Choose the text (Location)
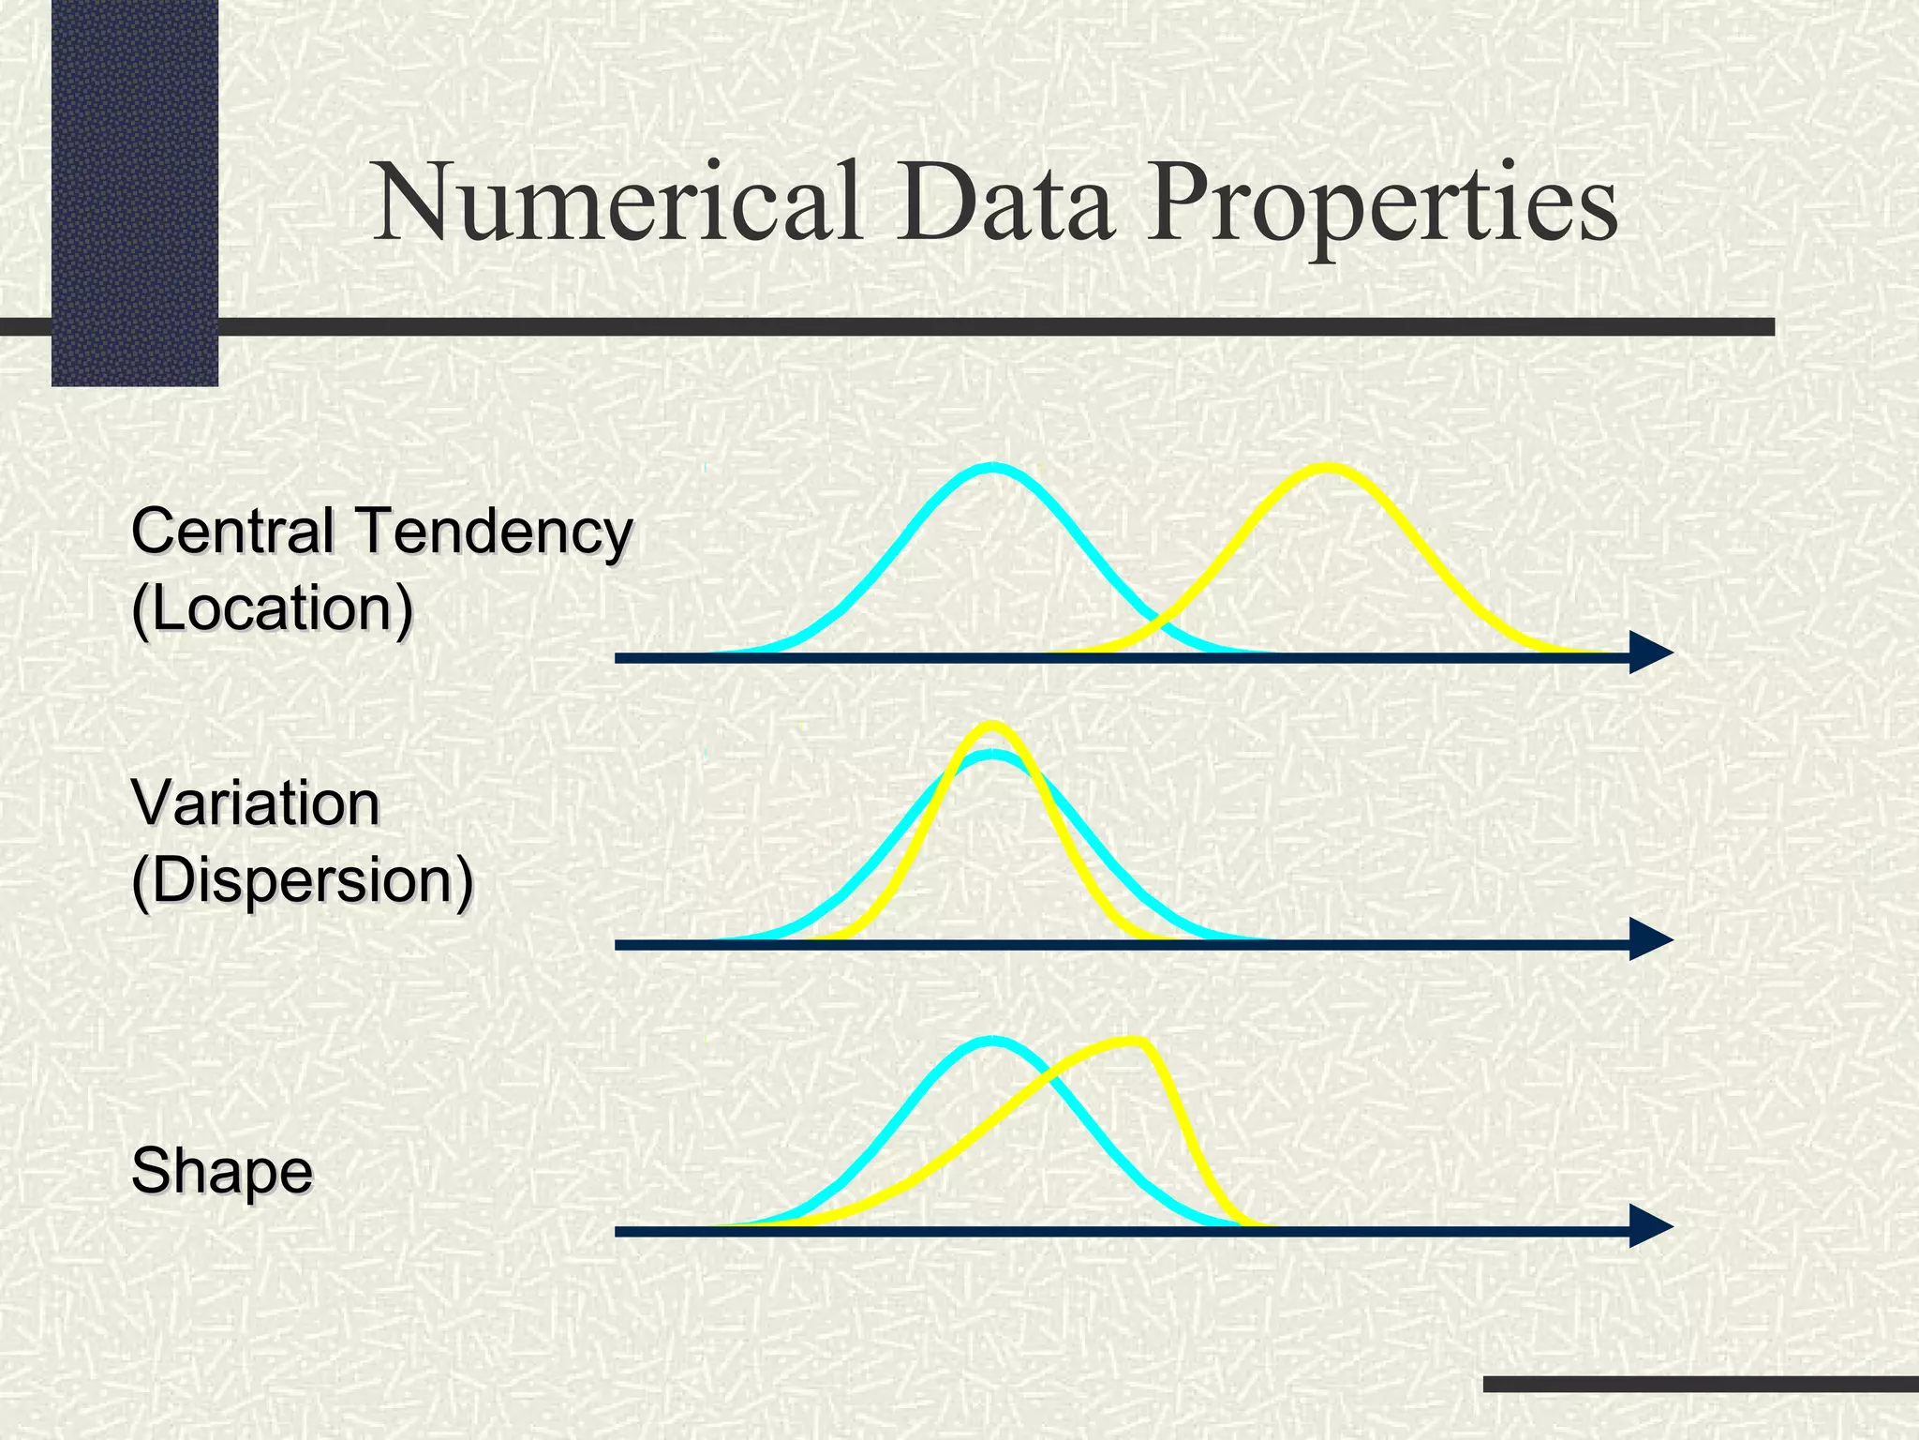[272, 610]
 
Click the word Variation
[256, 804]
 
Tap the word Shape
[222, 1171]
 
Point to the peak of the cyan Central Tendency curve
[993, 468]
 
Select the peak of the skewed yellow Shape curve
[1136, 1042]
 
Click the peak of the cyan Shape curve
[993, 1042]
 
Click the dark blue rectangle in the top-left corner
[135, 192]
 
